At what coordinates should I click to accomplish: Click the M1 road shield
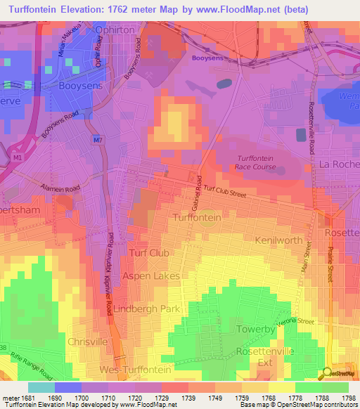[15, 158]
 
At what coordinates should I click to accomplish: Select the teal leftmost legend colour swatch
[41, 387]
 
